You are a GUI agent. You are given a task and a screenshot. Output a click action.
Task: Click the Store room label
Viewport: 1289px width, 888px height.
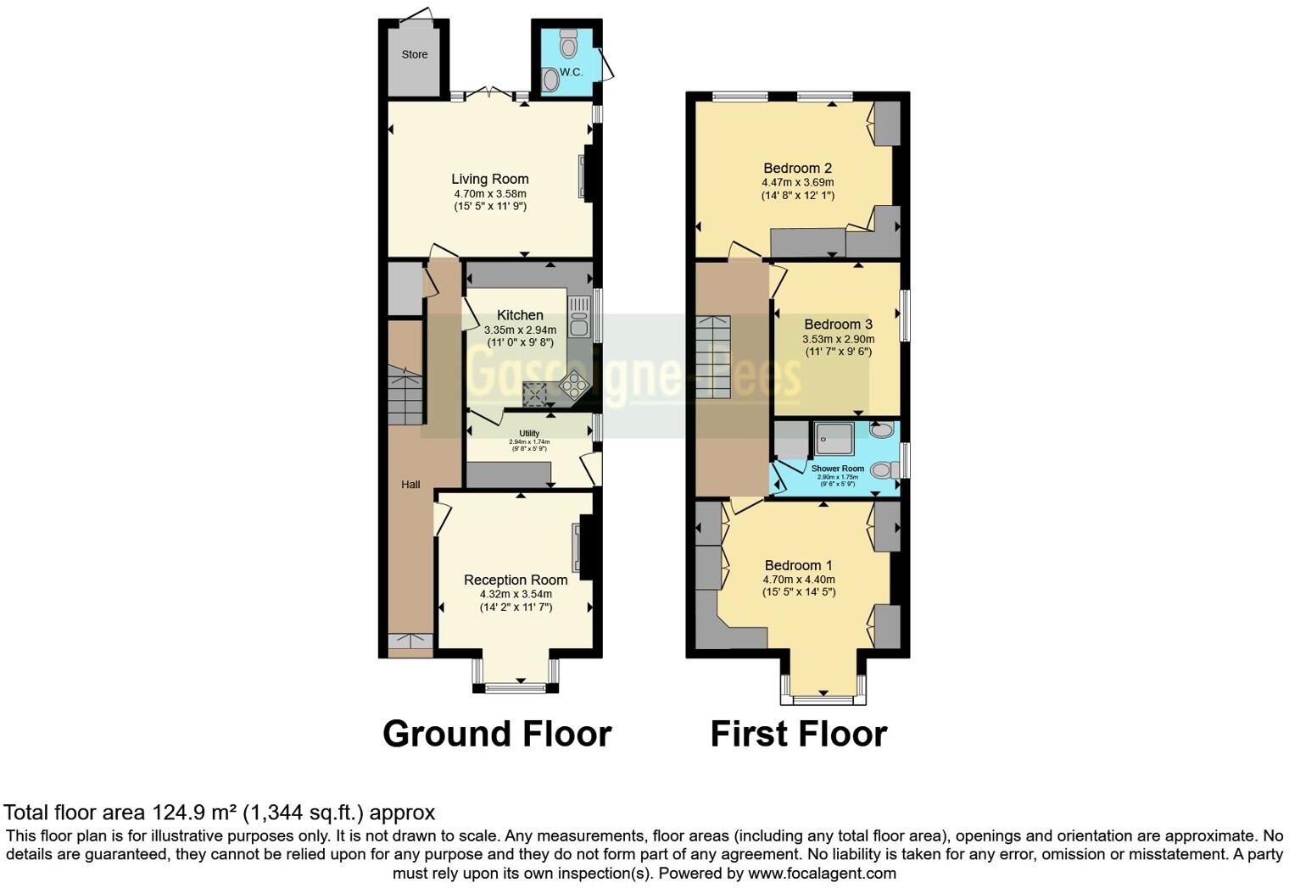click(414, 54)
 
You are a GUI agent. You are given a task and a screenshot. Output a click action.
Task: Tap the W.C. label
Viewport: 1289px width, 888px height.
click(571, 72)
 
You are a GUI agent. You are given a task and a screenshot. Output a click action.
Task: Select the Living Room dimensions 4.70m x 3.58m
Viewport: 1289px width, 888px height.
click(489, 193)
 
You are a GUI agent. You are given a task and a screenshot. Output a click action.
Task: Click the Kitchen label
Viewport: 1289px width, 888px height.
click(520, 314)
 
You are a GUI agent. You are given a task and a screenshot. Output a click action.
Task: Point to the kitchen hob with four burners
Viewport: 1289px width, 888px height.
click(574, 386)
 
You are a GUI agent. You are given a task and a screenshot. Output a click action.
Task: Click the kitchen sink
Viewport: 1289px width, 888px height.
click(579, 316)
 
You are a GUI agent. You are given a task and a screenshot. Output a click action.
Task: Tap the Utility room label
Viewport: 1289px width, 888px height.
click(529, 433)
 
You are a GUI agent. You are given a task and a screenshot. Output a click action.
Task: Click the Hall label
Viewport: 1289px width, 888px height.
click(410, 485)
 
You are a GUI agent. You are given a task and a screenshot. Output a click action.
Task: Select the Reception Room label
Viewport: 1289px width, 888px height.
click(516, 580)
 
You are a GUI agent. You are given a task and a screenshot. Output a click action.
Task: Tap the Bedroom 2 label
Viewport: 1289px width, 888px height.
click(797, 168)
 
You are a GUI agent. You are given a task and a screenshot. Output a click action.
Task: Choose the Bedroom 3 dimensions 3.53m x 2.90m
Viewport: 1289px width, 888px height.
click(838, 339)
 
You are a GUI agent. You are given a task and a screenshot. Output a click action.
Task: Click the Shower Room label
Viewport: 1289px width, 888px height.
click(837, 469)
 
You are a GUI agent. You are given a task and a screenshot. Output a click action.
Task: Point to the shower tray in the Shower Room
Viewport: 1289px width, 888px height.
click(834, 438)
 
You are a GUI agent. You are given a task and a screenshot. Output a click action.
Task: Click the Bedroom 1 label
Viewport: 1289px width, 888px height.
click(798, 565)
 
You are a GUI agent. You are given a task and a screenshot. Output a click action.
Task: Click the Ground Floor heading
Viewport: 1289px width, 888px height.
click(497, 734)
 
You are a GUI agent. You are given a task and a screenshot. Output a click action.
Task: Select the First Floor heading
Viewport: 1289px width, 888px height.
click(798, 734)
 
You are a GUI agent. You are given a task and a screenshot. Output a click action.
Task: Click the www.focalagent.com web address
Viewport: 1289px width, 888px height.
click(822, 873)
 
